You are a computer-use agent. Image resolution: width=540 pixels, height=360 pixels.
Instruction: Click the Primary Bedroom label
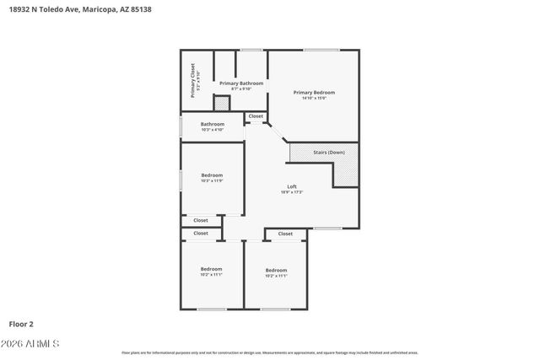coord(314,92)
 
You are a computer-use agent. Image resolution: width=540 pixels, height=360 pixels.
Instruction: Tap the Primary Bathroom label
coord(241,83)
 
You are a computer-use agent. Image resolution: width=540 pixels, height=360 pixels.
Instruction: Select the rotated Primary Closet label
coord(192,80)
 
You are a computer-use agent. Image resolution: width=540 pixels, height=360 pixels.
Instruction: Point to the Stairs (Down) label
coord(328,153)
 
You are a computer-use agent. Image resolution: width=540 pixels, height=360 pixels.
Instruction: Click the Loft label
coord(292,186)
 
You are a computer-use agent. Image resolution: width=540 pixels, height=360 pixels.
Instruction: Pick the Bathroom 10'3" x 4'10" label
coord(212,125)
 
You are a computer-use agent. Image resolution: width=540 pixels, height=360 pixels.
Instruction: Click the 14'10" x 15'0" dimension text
coord(314,98)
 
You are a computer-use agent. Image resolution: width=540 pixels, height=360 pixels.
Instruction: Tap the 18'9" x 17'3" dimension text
coord(292,192)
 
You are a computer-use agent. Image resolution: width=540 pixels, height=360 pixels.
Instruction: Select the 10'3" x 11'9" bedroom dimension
coord(212,180)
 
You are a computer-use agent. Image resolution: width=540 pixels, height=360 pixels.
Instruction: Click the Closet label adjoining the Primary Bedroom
coord(256,116)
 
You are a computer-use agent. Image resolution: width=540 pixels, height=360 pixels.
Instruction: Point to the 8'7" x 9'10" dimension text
coord(241,89)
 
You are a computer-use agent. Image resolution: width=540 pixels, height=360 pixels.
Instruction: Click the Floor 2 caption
coord(21,323)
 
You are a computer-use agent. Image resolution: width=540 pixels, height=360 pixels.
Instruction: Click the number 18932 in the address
coord(23,8)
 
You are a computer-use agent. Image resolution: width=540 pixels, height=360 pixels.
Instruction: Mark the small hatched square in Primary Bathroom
coord(221,103)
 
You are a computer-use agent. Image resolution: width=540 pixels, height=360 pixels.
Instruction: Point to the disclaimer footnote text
coord(269,353)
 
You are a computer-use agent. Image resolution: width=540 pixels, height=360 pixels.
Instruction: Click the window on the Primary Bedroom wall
coord(316,50)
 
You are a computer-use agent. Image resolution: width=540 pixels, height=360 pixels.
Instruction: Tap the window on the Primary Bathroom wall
coord(251,50)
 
